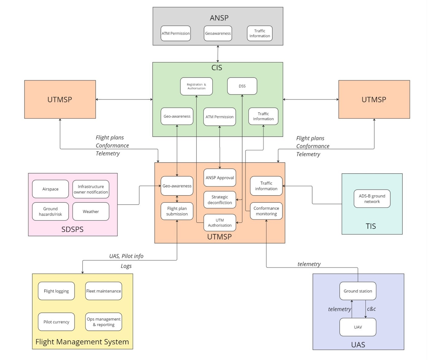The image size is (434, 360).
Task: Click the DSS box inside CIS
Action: click(x=242, y=86)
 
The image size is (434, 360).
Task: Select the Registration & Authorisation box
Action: click(x=196, y=86)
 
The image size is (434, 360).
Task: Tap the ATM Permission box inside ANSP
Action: click(x=176, y=33)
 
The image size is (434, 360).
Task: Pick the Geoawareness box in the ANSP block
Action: click(x=218, y=33)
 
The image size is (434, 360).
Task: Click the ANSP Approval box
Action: click(x=219, y=178)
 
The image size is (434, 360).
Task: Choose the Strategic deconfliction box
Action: click(x=219, y=200)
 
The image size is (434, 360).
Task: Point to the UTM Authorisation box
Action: click(x=219, y=223)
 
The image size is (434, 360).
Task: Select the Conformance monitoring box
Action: click(x=266, y=211)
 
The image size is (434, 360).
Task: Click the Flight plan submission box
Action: click(x=177, y=211)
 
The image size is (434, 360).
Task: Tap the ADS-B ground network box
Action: click(x=372, y=198)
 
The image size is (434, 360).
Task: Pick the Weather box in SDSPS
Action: click(x=91, y=212)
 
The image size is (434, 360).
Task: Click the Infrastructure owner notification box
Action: click(x=91, y=189)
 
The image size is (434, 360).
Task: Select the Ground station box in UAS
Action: click(x=358, y=291)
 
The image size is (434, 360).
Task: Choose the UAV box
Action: click(x=358, y=327)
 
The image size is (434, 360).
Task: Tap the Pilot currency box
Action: click(x=56, y=322)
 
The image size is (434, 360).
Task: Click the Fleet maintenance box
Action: click(x=104, y=291)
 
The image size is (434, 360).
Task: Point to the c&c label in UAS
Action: click(x=371, y=309)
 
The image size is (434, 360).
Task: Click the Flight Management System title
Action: click(x=82, y=342)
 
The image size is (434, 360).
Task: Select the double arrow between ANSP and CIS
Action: click(x=218, y=54)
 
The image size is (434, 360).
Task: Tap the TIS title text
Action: click(x=371, y=226)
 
